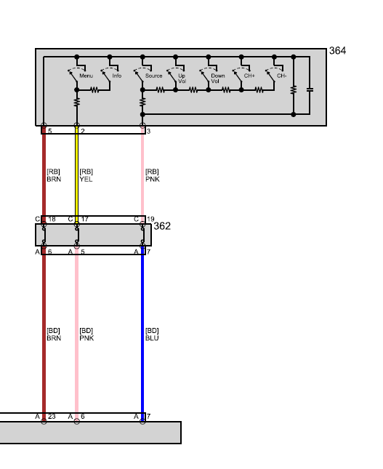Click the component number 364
click(x=337, y=51)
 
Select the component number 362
click(x=162, y=226)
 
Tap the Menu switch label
click(x=86, y=76)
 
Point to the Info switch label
click(x=117, y=76)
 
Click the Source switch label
click(x=153, y=76)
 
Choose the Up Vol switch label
click(x=182, y=79)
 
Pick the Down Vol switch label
click(x=217, y=79)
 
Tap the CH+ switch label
click(x=249, y=76)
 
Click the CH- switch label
click(x=282, y=76)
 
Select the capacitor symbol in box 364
click(x=310, y=89)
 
